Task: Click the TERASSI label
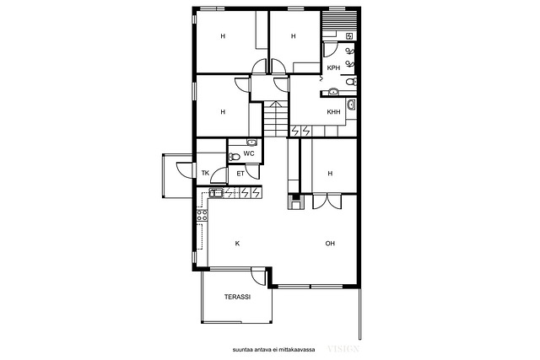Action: [x=237, y=297]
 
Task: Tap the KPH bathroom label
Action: [x=333, y=68]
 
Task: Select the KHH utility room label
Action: [x=333, y=112]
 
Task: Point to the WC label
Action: [x=249, y=153]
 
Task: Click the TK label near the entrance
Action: [x=205, y=173]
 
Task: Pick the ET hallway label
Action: [x=240, y=174]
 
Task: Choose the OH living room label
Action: [x=330, y=244]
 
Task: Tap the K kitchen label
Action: [x=237, y=244]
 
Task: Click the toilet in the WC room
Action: [x=235, y=157]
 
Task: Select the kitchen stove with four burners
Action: [x=202, y=216]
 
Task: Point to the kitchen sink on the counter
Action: [x=216, y=193]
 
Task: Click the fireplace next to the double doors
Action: [x=295, y=201]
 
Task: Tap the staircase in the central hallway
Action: [x=276, y=119]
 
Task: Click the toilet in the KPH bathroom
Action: [x=351, y=82]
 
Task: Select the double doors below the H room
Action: [x=327, y=201]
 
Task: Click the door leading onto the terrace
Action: [x=258, y=277]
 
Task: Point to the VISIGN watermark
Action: [x=343, y=349]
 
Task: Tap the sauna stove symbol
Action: [x=349, y=35]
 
